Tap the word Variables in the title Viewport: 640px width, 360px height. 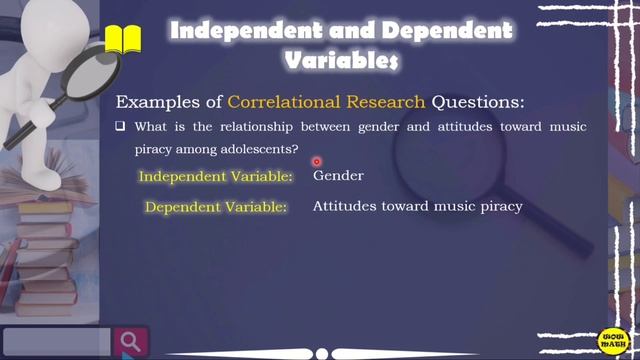[342, 61]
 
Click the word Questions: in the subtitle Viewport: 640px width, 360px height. [479, 102]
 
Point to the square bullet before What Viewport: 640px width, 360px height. [120, 128]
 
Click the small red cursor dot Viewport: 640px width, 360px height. [316, 161]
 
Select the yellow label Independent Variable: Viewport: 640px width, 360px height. [215, 177]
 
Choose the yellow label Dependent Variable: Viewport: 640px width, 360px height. [216, 208]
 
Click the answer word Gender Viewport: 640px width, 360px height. [338, 176]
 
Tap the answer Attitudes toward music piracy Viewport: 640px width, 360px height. [417, 207]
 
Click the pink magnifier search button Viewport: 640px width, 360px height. [130, 341]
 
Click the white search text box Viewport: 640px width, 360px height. [56, 341]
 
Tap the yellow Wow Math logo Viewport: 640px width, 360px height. [612, 339]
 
